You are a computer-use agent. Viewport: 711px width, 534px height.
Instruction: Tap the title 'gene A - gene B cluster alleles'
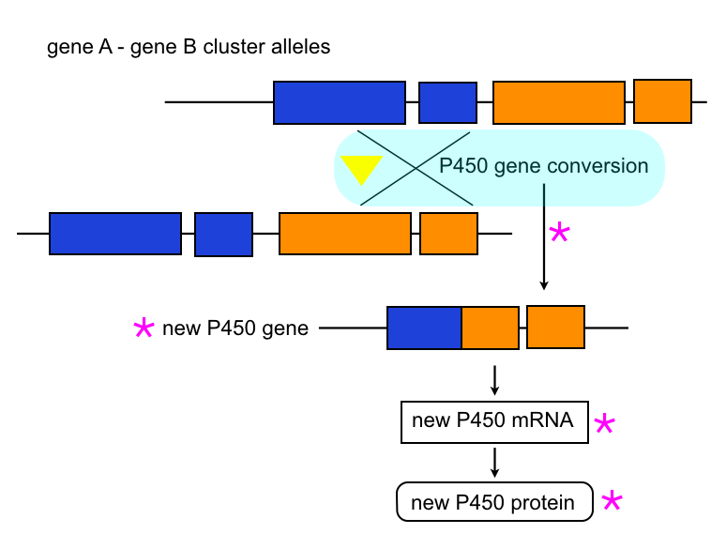189,46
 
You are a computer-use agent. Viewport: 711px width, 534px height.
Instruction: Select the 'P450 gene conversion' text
544,166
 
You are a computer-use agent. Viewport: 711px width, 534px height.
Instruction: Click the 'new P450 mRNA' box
492,421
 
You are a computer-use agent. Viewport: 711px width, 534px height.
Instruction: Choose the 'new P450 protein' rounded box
494,502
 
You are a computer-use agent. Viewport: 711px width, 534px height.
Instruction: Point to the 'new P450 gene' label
235,328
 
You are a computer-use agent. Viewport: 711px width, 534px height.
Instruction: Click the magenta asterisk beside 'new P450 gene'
144,328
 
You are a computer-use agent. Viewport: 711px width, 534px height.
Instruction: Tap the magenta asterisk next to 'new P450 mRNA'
605,424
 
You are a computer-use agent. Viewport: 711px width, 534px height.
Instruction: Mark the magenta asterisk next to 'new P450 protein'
612,500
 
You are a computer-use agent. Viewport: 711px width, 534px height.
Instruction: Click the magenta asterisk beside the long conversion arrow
559,232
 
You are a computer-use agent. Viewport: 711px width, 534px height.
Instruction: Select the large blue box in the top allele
340,102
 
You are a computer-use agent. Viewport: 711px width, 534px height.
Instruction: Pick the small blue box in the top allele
447,102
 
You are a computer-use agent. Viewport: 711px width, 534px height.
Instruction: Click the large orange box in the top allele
559,102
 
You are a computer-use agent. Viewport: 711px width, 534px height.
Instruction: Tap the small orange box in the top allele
662,101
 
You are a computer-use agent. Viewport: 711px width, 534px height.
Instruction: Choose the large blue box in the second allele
115,234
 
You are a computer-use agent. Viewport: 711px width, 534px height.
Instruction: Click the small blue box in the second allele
223,234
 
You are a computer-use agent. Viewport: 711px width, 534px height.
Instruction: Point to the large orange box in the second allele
345,234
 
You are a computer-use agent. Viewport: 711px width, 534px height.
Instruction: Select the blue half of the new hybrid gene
425,328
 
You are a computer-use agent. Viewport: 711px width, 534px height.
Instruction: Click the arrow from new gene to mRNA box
494,379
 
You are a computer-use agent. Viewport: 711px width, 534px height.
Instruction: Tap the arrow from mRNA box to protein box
494,462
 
